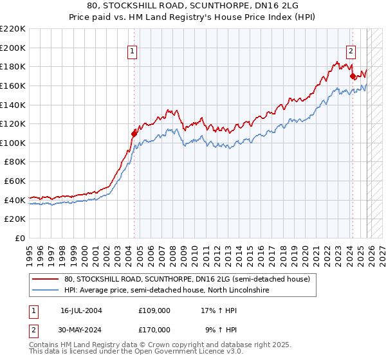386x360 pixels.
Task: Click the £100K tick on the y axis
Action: coord(14,143)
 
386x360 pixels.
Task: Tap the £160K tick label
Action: coord(14,85)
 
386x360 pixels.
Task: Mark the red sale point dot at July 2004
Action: coord(134,134)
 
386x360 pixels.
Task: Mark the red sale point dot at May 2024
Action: coord(353,76)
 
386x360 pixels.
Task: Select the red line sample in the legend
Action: coord(46,279)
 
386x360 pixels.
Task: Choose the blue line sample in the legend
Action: coord(46,291)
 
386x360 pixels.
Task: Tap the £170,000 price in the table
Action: coord(154,329)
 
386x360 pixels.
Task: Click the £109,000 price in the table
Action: coord(154,310)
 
